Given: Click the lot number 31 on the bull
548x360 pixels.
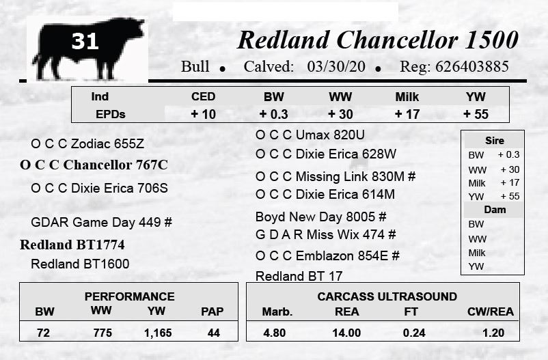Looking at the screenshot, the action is click(x=85, y=41).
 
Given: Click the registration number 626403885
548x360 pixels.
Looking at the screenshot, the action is click(x=471, y=66).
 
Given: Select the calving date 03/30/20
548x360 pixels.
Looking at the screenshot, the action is click(x=336, y=66).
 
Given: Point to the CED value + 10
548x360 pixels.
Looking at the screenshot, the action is click(x=203, y=114).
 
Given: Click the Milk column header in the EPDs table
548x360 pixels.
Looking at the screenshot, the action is click(x=407, y=97).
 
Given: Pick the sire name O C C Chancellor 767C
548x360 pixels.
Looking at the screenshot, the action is click(x=94, y=165).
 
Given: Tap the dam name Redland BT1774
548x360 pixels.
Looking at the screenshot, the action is click(x=72, y=245).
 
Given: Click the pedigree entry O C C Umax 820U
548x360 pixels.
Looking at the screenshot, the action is click(x=310, y=135).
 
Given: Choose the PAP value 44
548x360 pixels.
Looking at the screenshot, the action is click(x=214, y=333).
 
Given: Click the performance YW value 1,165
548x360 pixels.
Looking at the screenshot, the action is click(x=158, y=333).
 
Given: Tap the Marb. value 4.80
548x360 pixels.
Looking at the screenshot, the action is click(x=275, y=333).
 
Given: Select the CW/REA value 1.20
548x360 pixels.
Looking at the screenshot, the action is click(x=493, y=333).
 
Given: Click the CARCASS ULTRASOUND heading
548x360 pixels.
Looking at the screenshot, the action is click(x=387, y=296).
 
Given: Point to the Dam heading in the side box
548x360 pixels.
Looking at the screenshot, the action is click(x=495, y=210).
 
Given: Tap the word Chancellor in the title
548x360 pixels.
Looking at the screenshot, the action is click(x=397, y=40).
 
